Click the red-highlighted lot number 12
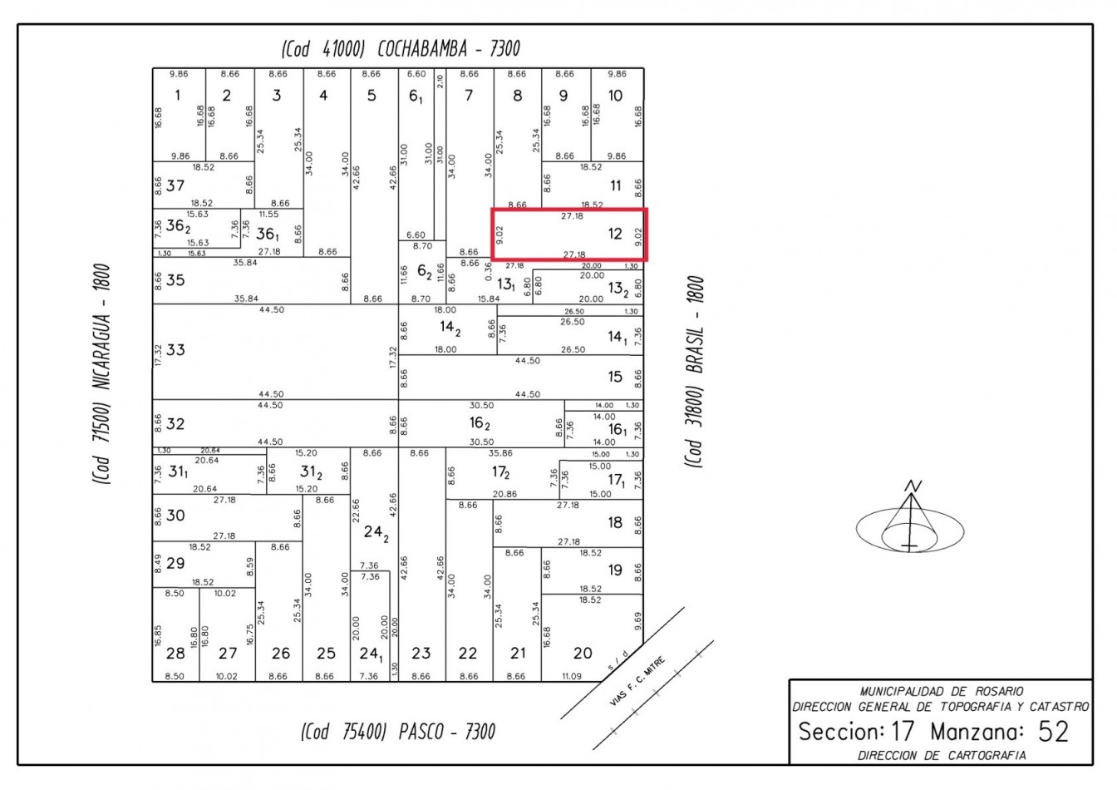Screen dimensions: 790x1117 pyautogui.click(x=615, y=234)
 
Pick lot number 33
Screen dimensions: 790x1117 pyautogui.click(x=175, y=350)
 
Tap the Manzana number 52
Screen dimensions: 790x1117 pyautogui.click(x=1053, y=732)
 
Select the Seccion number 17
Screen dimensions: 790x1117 pyautogui.click(x=903, y=732)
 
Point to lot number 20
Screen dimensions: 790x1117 pyautogui.click(x=583, y=654)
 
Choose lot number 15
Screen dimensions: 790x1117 pyautogui.click(x=615, y=377)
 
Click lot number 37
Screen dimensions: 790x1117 pyautogui.click(x=175, y=185)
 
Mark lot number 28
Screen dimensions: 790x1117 pyautogui.click(x=175, y=654)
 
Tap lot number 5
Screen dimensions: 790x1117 pyautogui.click(x=372, y=96)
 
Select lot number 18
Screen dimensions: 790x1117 pyautogui.click(x=615, y=523)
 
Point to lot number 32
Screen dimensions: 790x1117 pyautogui.click(x=175, y=424)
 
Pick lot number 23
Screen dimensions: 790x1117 pyautogui.click(x=421, y=654)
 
